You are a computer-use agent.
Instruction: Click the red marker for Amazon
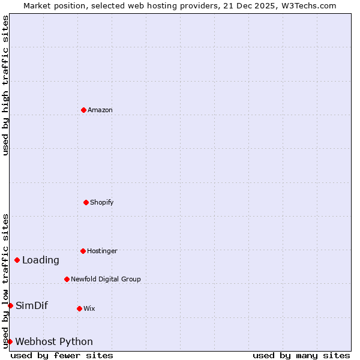click(83, 110)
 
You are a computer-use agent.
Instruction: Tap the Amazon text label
click(100, 110)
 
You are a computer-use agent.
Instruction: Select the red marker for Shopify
click(86, 202)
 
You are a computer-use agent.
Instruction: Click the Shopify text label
click(101, 202)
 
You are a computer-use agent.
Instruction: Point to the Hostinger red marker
click(83, 251)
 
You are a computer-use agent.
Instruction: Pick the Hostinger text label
click(102, 251)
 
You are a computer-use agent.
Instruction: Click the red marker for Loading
click(17, 260)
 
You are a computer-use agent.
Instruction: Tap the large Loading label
click(40, 260)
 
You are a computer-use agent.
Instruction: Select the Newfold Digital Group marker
click(67, 279)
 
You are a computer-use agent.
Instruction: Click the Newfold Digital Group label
click(106, 279)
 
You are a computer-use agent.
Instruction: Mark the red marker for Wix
click(79, 308)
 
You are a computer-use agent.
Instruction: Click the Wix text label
click(89, 308)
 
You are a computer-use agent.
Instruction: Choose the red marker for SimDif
click(10, 305)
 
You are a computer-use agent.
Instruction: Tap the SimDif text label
click(31, 305)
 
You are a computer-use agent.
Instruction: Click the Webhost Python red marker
click(10, 341)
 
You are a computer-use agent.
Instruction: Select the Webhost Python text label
click(54, 341)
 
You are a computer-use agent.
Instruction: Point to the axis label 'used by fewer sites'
click(62, 355)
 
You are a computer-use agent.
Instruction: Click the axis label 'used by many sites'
click(301, 355)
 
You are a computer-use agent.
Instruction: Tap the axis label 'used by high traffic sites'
click(5, 85)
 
